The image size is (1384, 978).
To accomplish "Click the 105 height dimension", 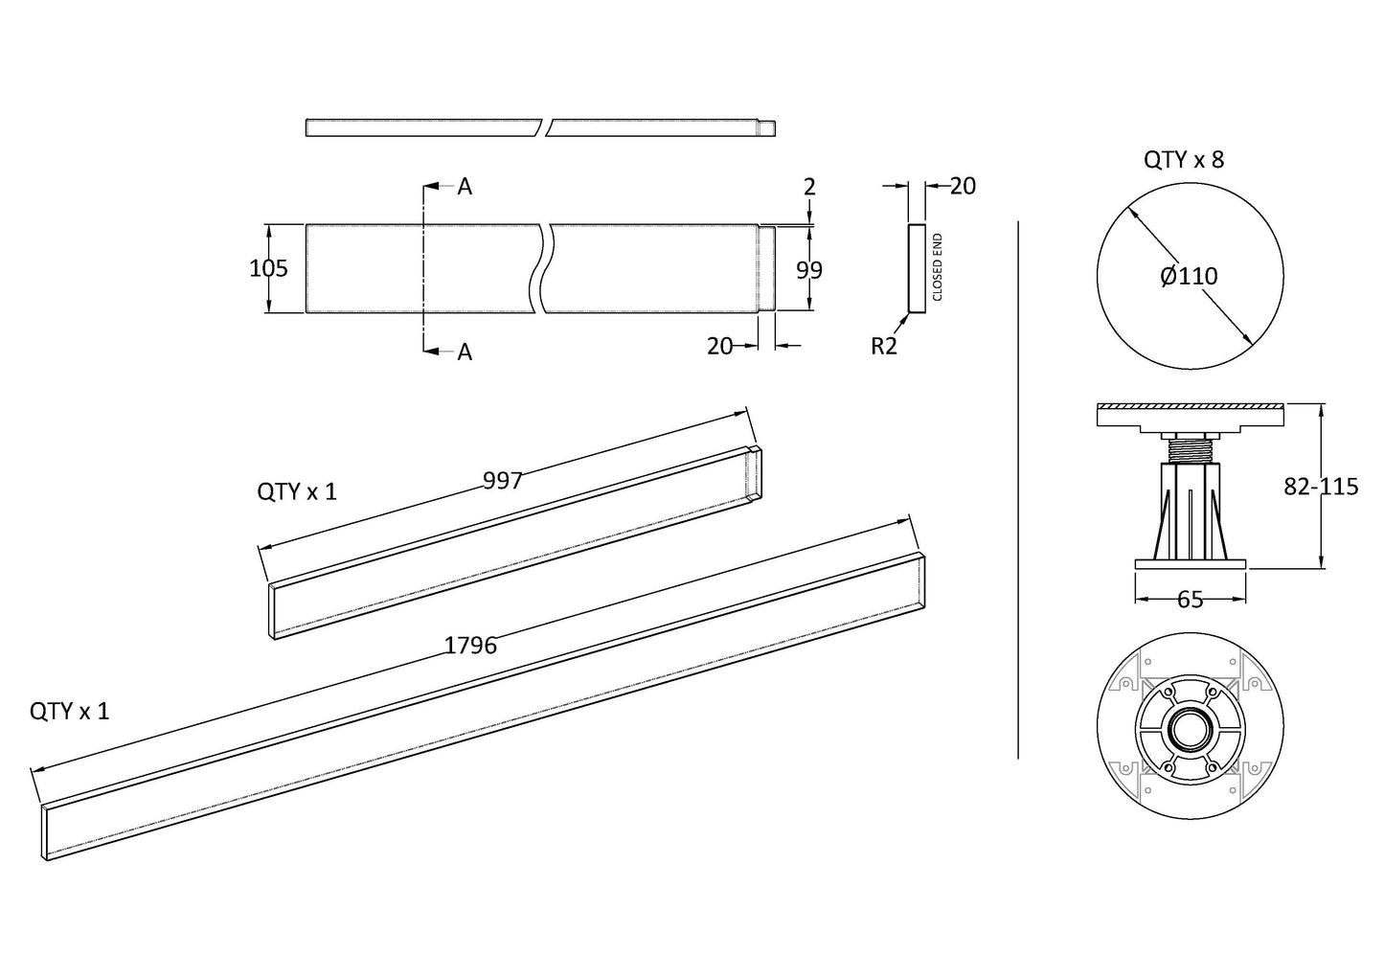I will point(268,269).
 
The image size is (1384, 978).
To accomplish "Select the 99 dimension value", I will point(809,271).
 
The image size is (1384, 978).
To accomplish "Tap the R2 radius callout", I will point(883,347).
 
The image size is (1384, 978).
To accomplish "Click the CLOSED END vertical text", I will point(938,267).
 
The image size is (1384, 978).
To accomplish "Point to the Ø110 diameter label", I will point(1189,277).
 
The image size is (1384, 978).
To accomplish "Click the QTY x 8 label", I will point(1183,160).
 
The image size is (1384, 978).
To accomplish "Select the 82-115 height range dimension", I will point(1321,487).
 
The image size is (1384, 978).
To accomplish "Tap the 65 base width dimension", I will point(1190,600).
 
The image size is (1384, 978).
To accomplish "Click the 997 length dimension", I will point(502,481).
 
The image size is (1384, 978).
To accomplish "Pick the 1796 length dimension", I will point(470,646).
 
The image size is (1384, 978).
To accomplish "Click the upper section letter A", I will point(465,187).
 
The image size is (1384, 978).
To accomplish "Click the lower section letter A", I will point(465,353).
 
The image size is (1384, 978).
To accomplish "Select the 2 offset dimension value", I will point(809,187).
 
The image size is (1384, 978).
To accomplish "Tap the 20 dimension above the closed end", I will point(963,187).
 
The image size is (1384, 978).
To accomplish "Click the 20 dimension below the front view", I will point(719,347).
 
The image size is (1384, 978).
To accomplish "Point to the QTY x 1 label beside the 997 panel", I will point(297,492).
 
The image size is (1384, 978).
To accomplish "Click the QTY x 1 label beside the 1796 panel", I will point(70,711).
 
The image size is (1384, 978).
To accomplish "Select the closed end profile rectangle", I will point(917,269).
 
